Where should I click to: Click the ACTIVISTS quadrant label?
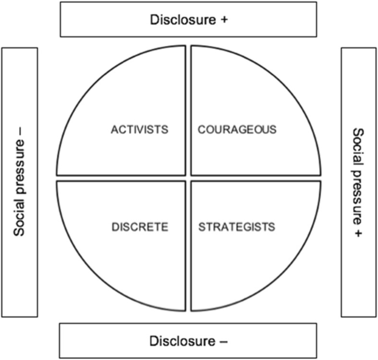139,129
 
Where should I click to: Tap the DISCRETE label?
140,226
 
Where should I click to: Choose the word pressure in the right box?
357,188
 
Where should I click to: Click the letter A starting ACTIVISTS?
114,129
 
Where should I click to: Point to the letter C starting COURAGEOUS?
202,129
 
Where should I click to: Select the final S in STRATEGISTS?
272,226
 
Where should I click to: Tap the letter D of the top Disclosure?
154,20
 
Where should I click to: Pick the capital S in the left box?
20,233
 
